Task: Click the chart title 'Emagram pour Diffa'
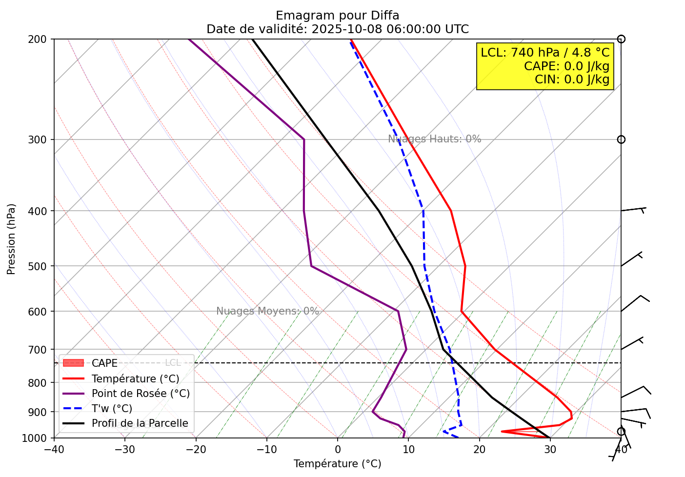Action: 337,16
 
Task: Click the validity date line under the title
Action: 337,29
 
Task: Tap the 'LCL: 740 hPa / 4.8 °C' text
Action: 545,53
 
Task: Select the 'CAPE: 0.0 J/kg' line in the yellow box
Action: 566,66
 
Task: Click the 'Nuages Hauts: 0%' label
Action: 434,139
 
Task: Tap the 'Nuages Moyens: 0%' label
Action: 267,311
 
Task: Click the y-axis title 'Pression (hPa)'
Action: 11,239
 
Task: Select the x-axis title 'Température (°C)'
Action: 337,464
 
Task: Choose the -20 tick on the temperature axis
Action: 196,450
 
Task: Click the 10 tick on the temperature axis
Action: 408,450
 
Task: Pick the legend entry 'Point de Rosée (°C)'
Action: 141,394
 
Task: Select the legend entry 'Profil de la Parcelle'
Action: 140,423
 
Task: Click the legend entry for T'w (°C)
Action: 112,409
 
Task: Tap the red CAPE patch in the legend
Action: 74,363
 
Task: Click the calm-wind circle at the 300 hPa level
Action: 621,139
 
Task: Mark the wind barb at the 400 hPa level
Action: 633,209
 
